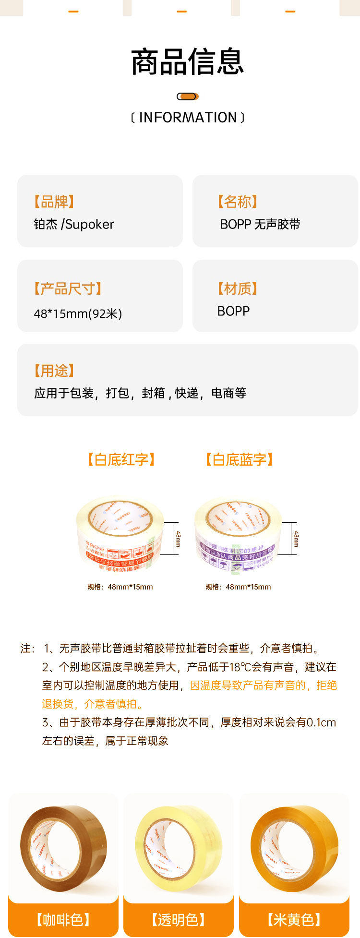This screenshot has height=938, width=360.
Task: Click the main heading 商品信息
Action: pyautogui.click(x=187, y=61)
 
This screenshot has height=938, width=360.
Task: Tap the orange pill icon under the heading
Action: pyautogui.click(x=187, y=96)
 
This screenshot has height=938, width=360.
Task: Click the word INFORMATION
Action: pyautogui.click(x=188, y=118)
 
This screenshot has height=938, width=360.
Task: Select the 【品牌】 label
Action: pyautogui.click(x=54, y=202)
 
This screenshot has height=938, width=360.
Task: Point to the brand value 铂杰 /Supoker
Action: pyautogui.click(x=74, y=224)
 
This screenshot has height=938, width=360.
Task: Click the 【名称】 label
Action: pyautogui.click(x=237, y=202)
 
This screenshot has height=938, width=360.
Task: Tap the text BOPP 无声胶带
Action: pyautogui.click(x=260, y=224)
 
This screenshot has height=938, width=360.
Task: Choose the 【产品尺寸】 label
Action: pyautogui.click(x=68, y=289)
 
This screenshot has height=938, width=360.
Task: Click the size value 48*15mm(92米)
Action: pyautogui.click(x=78, y=313)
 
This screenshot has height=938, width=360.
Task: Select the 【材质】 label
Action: pyautogui.click(x=237, y=289)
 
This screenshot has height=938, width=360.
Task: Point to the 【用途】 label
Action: pyautogui.click(x=54, y=371)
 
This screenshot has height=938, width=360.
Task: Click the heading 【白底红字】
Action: pyautogui.click(x=121, y=459)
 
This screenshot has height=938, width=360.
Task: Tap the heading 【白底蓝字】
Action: pyautogui.click(x=239, y=459)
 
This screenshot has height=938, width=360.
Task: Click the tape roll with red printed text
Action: pyautogui.click(x=120, y=533)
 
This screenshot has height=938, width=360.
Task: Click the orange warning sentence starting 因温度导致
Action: pyautogui.click(x=263, y=685)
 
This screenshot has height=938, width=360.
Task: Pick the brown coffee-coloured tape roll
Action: pyautogui.click(x=63, y=849)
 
